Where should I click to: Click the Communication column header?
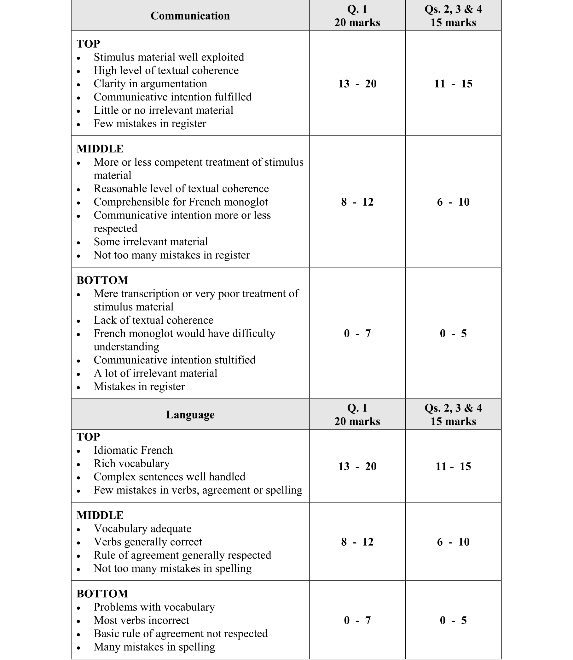190,16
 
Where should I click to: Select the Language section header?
190,415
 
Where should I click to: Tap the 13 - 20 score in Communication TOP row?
357,84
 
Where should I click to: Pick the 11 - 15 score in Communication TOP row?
453,84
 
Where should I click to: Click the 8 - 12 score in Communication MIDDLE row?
357,202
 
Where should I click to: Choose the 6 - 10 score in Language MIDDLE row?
453,542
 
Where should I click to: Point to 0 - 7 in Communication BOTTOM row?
357,333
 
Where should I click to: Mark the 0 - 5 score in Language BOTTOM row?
453,620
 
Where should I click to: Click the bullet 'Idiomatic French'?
133,450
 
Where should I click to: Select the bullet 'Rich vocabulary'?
131,464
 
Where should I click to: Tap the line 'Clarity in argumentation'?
150,84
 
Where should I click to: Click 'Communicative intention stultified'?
175,360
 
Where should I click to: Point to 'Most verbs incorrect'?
141,620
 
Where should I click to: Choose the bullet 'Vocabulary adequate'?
142,529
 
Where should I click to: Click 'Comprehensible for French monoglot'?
181,202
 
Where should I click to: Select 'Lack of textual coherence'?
153,320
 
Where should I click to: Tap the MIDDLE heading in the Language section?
100,515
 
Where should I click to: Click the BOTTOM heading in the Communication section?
102,280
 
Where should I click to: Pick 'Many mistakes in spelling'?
154,647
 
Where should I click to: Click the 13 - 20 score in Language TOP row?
357,466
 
